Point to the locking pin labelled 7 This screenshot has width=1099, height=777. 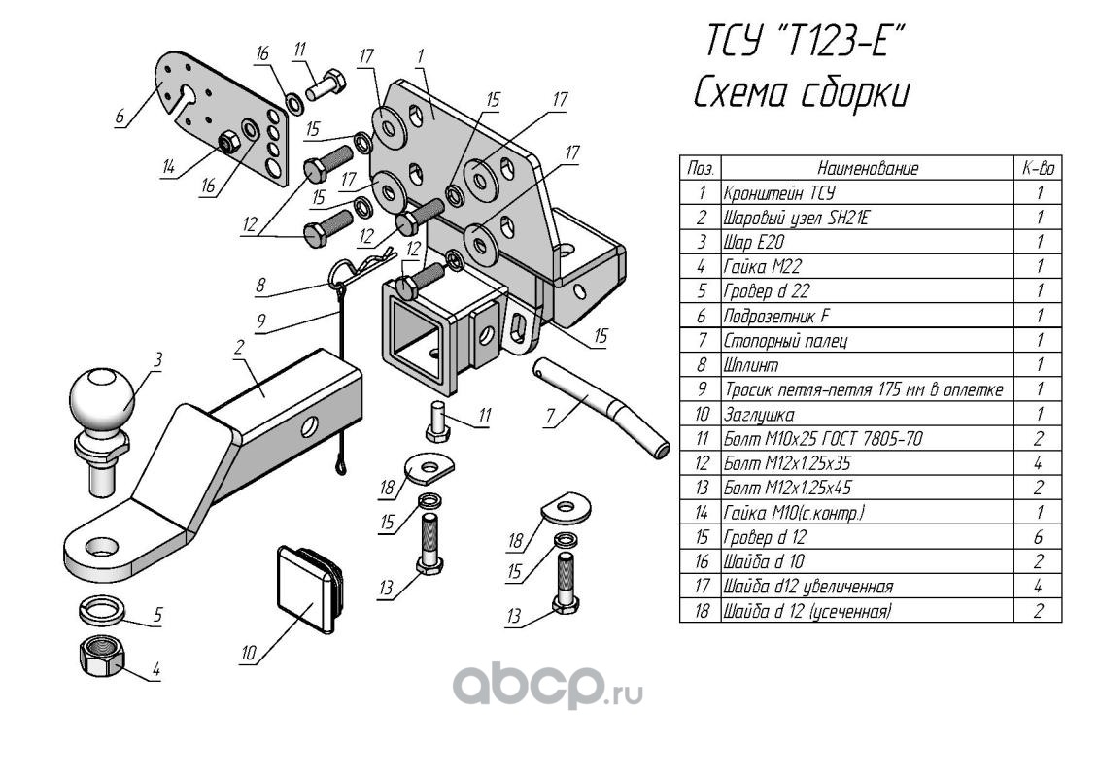pos(601,404)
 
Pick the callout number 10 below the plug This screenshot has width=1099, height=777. pos(248,655)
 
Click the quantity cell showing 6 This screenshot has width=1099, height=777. pos(1039,537)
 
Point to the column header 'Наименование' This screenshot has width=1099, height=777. pos(867,169)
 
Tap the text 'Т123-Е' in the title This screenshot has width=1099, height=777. pos(844,43)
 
